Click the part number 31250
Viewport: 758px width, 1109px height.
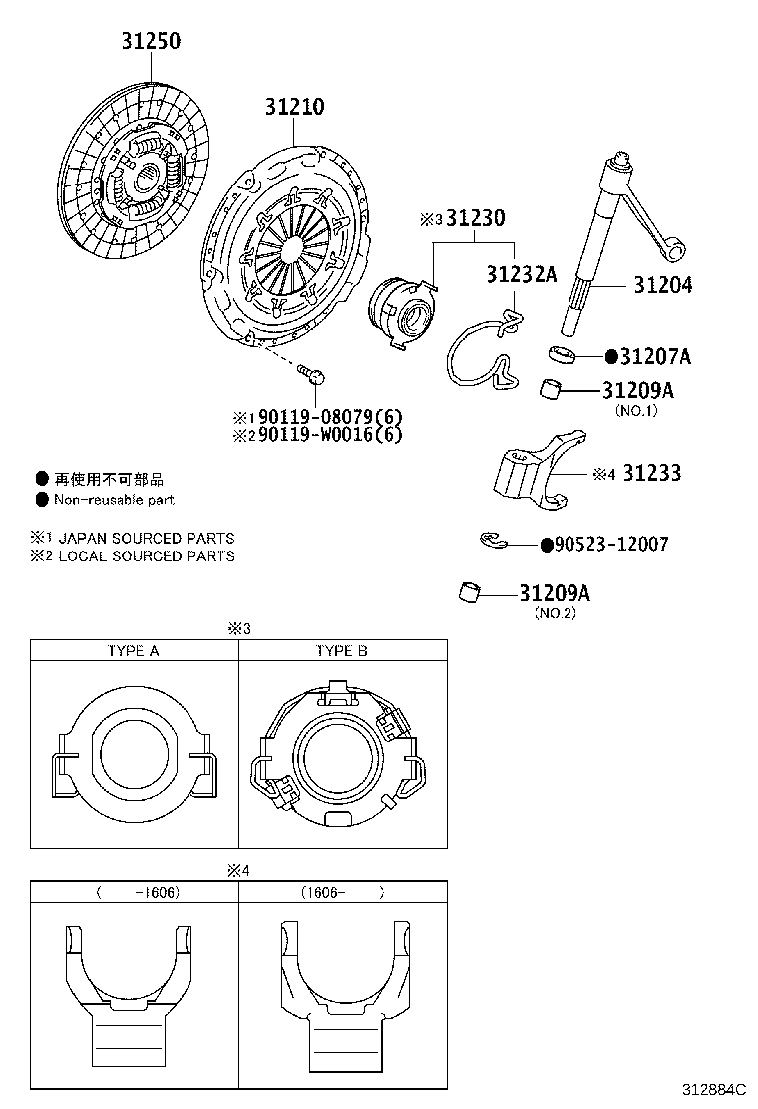click(x=152, y=42)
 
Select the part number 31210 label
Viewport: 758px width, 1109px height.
click(x=294, y=107)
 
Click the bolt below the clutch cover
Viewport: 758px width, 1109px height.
click(x=312, y=376)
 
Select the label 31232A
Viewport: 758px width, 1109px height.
click(x=521, y=274)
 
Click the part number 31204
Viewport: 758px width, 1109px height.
click(x=663, y=285)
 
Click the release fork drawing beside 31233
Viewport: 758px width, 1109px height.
click(x=537, y=468)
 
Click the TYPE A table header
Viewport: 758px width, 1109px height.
click(x=134, y=651)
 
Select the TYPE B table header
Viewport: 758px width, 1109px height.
click(x=342, y=651)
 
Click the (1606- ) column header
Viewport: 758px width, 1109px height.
click(x=342, y=892)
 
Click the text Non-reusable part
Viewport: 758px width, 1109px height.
click(x=114, y=499)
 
